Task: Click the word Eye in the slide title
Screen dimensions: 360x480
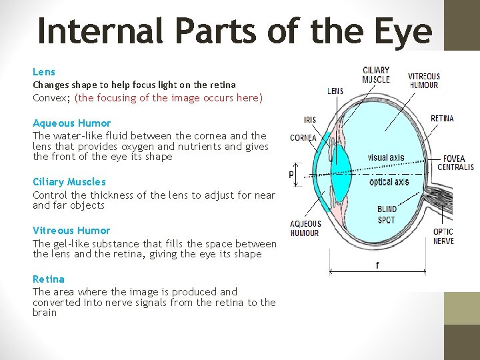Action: click(x=403, y=31)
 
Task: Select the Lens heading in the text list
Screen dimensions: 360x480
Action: click(x=44, y=71)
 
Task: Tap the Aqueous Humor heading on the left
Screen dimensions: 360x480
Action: click(x=72, y=123)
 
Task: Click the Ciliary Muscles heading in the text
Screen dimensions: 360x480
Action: click(x=69, y=181)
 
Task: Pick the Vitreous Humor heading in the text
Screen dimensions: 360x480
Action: click(x=71, y=231)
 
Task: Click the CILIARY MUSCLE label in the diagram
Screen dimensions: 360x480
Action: click(x=376, y=75)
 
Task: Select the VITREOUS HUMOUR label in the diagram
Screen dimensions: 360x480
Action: click(x=423, y=81)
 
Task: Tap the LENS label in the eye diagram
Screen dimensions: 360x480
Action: click(x=335, y=91)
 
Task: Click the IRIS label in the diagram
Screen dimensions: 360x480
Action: click(x=310, y=120)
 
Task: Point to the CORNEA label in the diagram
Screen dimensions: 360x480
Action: click(x=303, y=138)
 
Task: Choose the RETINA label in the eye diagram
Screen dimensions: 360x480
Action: click(x=442, y=119)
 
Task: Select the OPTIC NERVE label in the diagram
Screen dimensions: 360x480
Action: click(x=443, y=236)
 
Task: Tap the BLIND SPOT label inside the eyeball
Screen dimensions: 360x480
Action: click(x=387, y=215)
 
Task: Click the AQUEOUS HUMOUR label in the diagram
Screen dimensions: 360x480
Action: click(x=305, y=228)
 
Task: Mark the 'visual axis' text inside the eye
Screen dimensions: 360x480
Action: click(x=387, y=158)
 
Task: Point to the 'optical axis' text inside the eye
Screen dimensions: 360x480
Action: click(x=389, y=182)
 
